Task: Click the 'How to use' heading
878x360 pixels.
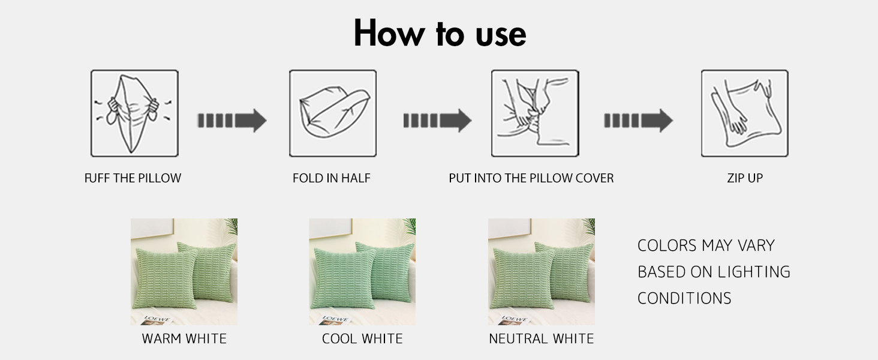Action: point(440,34)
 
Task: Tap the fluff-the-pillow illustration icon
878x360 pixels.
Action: point(134,113)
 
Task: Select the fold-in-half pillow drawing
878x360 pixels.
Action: point(333,113)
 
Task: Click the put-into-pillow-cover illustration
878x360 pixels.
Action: point(535,113)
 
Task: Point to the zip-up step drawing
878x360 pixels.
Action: point(745,113)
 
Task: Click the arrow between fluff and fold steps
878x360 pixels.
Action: point(231,121)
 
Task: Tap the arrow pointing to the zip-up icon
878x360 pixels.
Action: point(638,121)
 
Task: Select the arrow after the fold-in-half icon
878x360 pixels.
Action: point(437,121)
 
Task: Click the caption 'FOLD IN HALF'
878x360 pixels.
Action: point(332,178)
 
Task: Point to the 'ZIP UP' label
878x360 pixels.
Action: point(745,178)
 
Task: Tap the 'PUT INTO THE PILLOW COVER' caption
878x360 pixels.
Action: point(531,178)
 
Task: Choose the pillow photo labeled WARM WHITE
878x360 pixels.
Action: point(184,271)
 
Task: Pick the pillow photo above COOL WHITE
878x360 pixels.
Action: point(362,271)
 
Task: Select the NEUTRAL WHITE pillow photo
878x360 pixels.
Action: point(542,271)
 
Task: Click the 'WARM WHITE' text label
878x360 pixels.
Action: point(184,338)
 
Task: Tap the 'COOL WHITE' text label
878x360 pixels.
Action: point(362,338)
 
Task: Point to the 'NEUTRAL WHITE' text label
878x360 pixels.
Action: point(542,338)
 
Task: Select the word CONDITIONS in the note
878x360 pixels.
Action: point(684,298)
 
